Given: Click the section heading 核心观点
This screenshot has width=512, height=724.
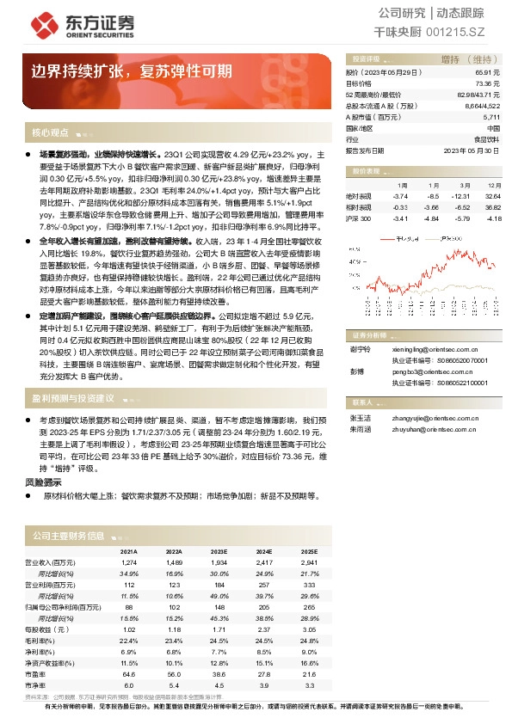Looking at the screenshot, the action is (50, 132).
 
